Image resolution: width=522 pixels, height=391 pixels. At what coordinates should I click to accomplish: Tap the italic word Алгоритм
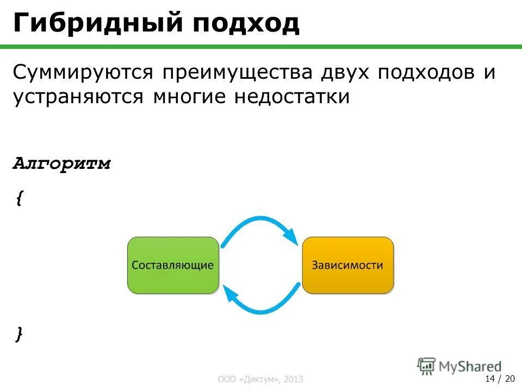pyautogui.click(x=62, y=164)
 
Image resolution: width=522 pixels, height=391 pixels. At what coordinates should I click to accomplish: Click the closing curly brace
pyautogui.click(x=20, y=333)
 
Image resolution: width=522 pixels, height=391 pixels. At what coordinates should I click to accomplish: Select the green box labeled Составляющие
pyautogui.click(x=173, y=265)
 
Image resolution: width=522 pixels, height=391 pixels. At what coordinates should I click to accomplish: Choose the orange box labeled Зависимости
pyautogui.click(x=347, y=265)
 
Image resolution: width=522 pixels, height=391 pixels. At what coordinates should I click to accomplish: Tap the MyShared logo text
pyautogui.click(x=468, y=366)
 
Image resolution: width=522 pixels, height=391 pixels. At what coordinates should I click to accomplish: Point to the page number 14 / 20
pyautogui.click(x=500, y=378)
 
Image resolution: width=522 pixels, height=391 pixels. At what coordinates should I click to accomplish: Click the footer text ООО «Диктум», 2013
pyautogui.click(x=260, y=379)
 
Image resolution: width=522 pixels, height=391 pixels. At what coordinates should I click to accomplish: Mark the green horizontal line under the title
pyautogui.click(x=261, y=47)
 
